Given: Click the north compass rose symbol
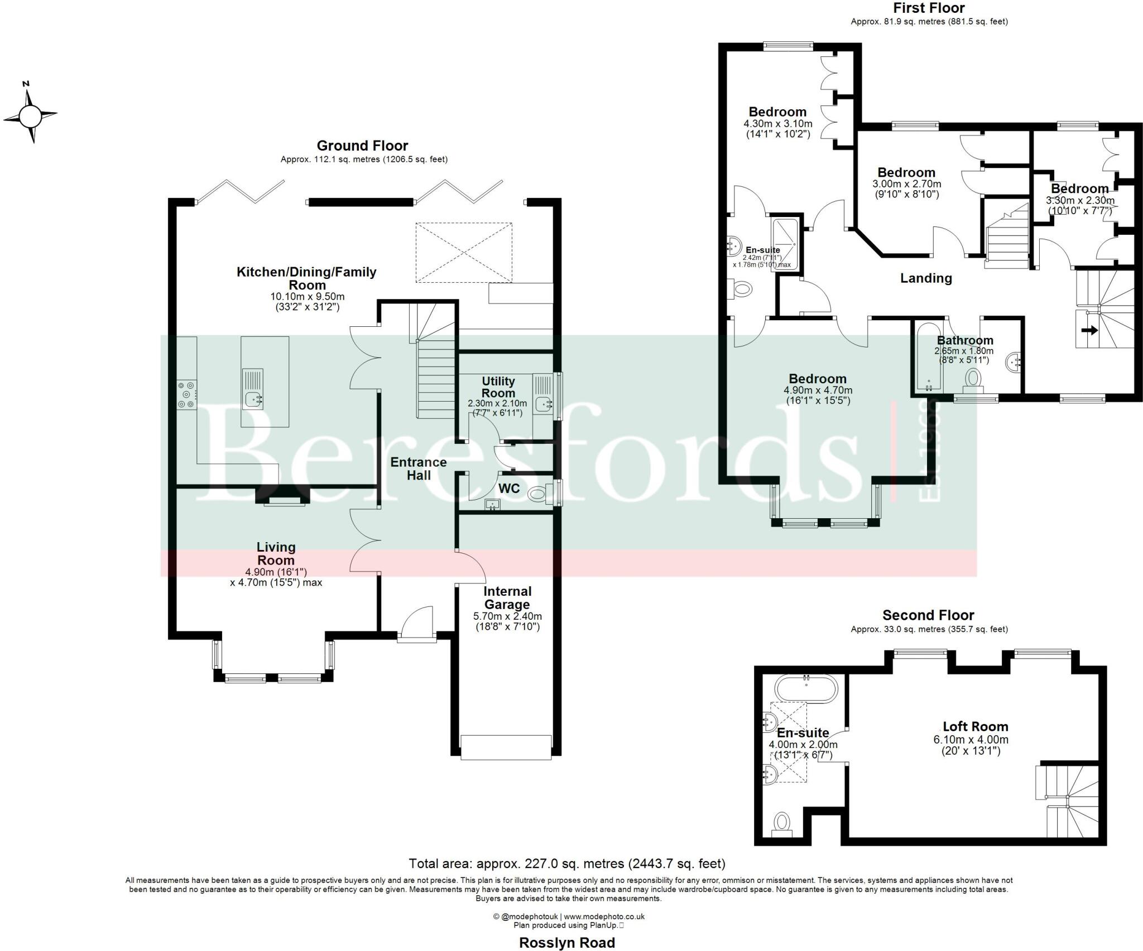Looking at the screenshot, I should click(x=30, y=115).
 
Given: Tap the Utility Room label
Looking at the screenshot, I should click(x=498, y=387).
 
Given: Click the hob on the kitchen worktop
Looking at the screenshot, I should click(x=186, y=394).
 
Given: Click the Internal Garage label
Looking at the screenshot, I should click(x=507, y=598).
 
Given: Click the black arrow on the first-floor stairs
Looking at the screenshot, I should click(x=1089, y=330).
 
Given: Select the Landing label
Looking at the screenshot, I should click(x=926, y=278).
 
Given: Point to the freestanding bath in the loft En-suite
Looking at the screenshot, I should click(x=806, y=688).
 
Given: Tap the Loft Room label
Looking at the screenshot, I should click(x=975, y=726).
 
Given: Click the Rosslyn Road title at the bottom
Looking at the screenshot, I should click(x=566, y=942).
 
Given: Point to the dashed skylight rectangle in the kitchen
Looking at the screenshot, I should click(x=463, y=253).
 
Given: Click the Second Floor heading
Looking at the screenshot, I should click(x=928, y=615).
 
